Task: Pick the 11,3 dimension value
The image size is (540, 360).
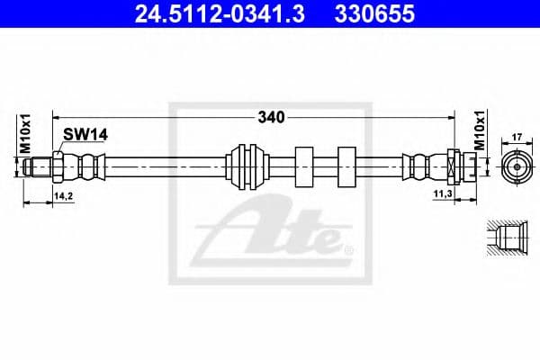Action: click(x=444, y=193)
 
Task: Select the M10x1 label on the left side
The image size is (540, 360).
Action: click(x=26, y=134)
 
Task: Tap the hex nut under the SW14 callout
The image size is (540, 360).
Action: click(x=59, y=167)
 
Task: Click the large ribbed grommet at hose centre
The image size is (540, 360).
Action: click(x=246, y=167)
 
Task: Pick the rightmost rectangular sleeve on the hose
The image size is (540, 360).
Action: click(x=347, y=167)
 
